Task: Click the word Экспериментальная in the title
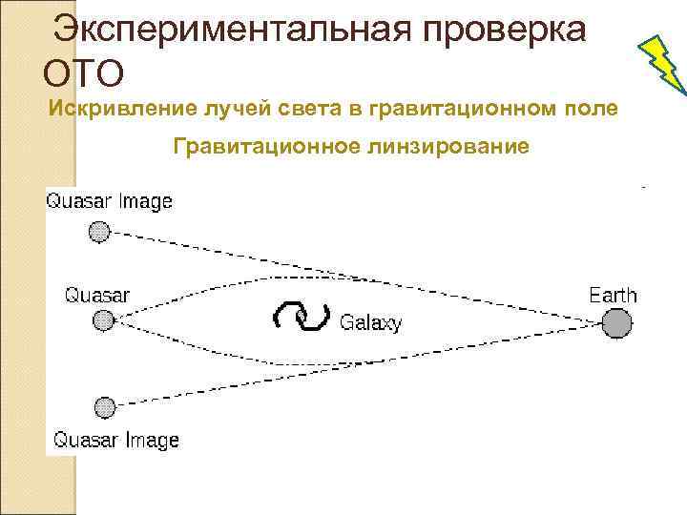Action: [229, 31]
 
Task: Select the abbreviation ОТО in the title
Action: [84, 72]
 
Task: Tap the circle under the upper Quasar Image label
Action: [99, 232]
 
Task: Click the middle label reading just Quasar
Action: [97, 294]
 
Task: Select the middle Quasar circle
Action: [103, 321]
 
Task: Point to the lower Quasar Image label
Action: [115, 440]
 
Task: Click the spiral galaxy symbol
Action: [302, 319]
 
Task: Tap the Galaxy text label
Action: [371, 322]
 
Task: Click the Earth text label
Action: [613, 295]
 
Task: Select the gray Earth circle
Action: [617, 324]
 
